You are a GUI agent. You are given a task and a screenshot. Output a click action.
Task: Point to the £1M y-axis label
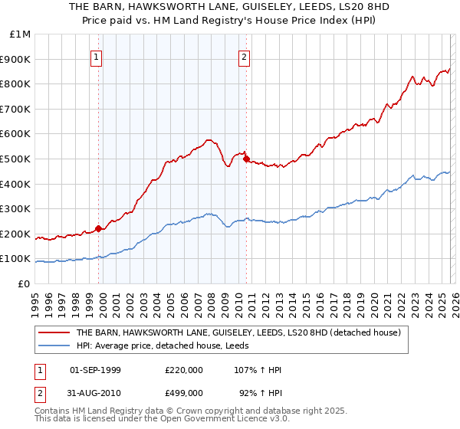(x=21, y=34)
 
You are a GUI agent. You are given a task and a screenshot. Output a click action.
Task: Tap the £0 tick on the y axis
(x=25, y=283)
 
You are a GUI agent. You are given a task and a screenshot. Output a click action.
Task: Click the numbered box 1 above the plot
(x=97, y=56)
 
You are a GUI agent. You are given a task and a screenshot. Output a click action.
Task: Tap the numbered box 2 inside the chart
(x=245, y=56)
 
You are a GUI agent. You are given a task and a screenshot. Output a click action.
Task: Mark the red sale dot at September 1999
(x=98, y=228)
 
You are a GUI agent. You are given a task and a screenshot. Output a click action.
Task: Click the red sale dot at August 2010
(x=246, y=159)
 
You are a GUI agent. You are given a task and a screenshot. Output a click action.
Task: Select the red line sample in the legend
(x=54, y=333)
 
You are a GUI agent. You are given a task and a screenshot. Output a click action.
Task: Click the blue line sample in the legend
(x=54, y=346)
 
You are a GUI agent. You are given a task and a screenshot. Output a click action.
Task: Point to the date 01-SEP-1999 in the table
(x=96, y=370)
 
